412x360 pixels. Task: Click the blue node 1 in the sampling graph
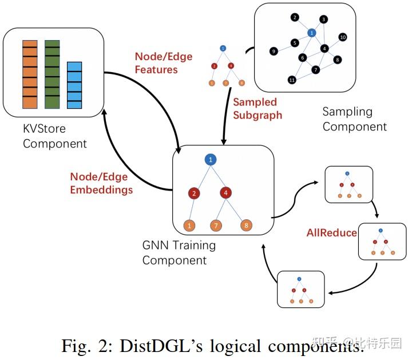point(312,33)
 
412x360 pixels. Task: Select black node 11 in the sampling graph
point(292,80)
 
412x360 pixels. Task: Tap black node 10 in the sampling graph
point(343,37)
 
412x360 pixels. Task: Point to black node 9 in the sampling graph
point(274,52)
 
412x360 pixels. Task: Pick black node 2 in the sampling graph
point(294,17)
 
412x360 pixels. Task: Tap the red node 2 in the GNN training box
point(195,193)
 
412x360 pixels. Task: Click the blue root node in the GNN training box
point(211,160)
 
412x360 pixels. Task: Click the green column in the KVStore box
point(52,74)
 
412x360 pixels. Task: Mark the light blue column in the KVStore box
point(74,85)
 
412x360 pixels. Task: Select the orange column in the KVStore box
point(30,74)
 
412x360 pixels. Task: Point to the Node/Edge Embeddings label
point(101,183)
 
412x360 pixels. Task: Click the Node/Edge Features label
point(163,63)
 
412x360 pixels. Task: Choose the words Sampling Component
point(354,118)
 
